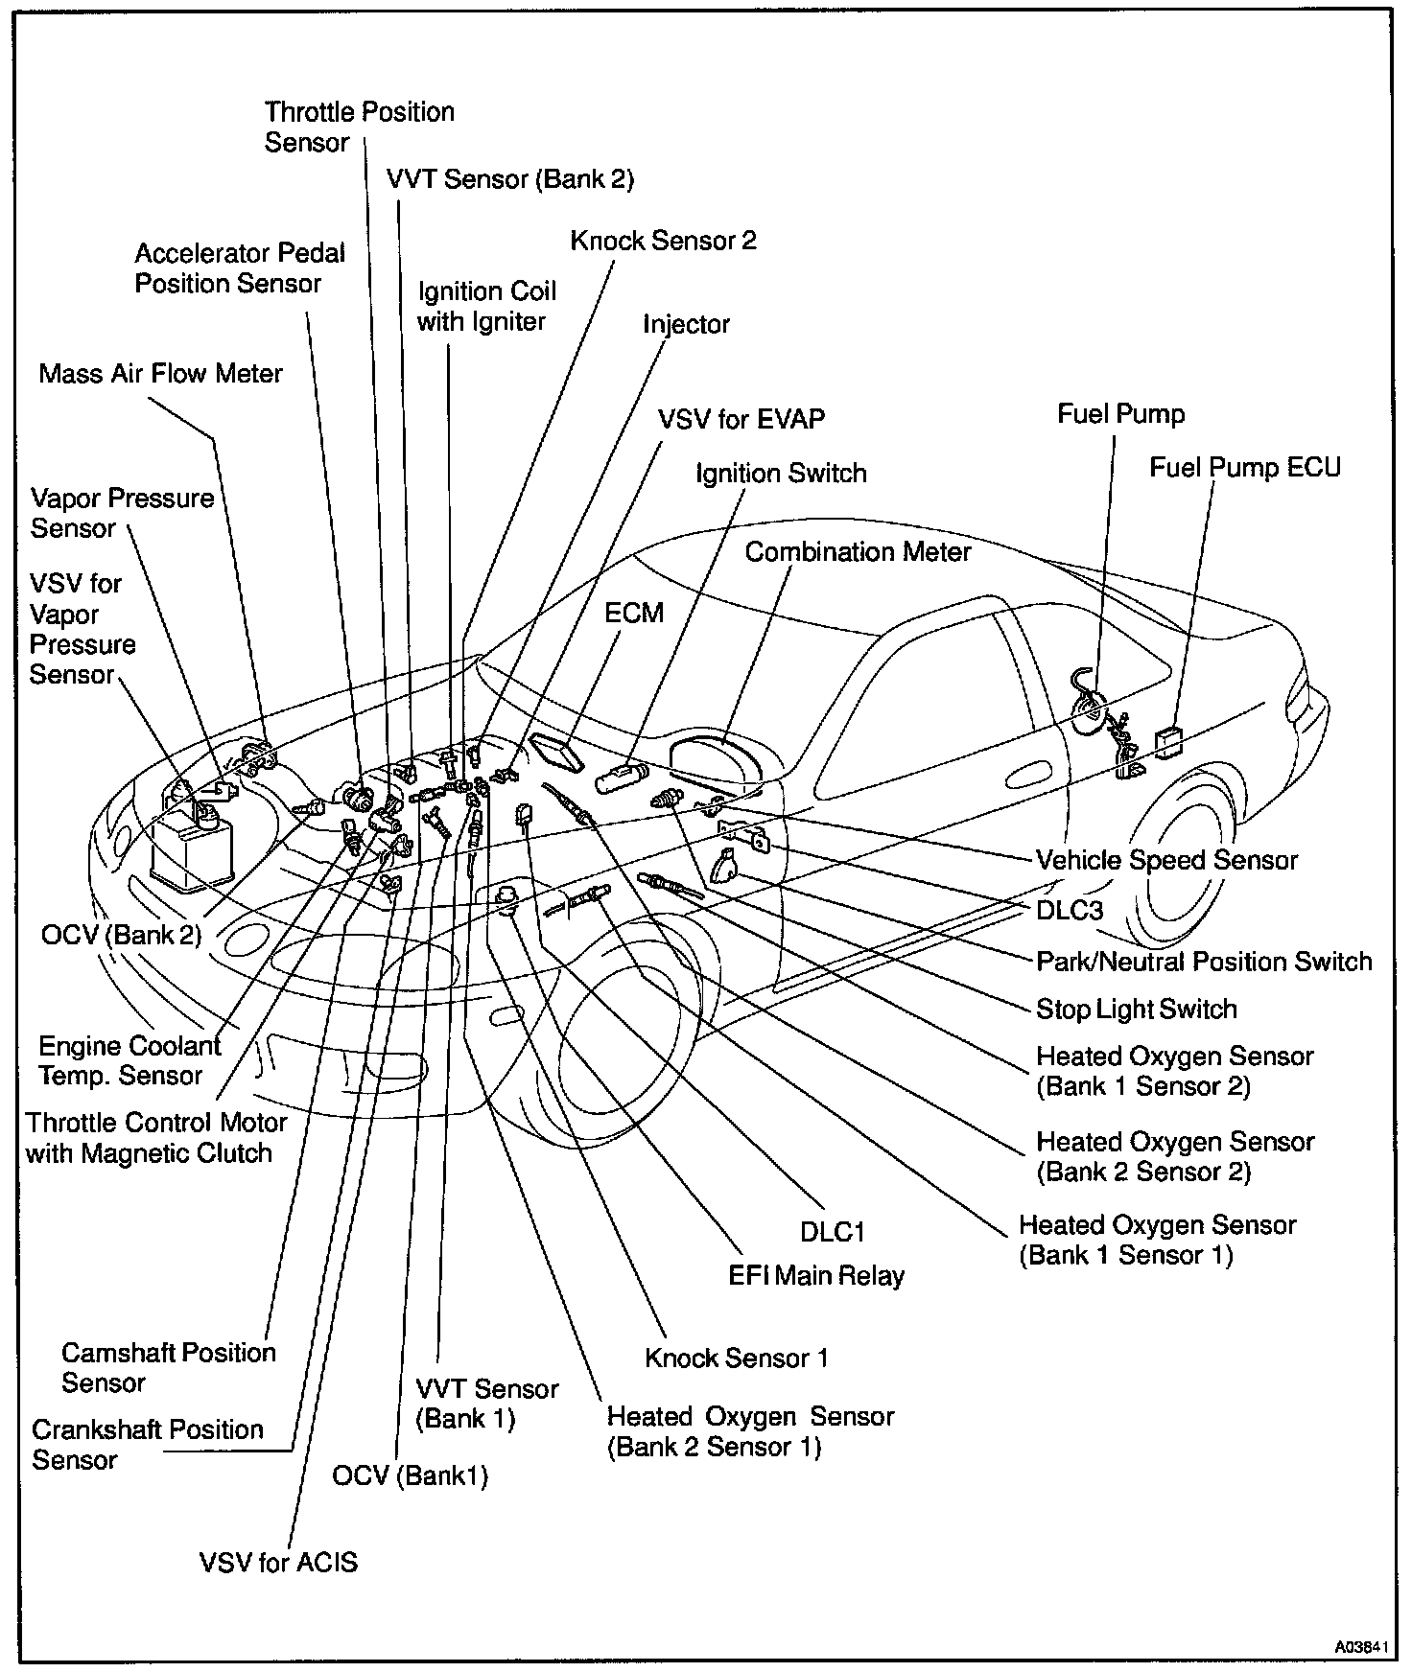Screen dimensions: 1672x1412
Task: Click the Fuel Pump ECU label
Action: pyautogui.click(x=1244, y=468)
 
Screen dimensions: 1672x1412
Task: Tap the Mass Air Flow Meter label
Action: pyautogui.click(x=160, y=373)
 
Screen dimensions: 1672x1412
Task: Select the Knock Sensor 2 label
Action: pyautogui.click(x=663, y=241)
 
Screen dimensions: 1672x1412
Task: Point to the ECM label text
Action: pyautogui.click(x=633, y=613)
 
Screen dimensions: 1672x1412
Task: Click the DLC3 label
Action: pyautogui.click(x=1070, y=910)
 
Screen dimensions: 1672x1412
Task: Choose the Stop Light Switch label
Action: pyautogui.click(x=1137, y=1009)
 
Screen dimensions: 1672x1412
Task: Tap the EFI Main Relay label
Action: pyautogui.click(x=815, y=1275)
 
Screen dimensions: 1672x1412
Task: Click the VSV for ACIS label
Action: pyautogui.click(x=278, y=1563)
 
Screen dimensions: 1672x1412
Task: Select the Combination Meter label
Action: pyautogui.click(x=858, y=552)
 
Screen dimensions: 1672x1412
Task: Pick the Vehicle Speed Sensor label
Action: pyautogui.click(x=1166, y=860)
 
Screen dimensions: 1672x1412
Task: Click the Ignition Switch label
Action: pyautogui.click(x=781, y=474)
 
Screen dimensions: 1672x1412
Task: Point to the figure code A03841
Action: pyautogui.click(x=1361, y=1647)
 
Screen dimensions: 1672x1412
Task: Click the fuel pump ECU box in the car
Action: pyautogui.click(x=1168, y=742)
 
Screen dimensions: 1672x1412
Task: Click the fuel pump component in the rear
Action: pyautogui.click(x=1094, y=709)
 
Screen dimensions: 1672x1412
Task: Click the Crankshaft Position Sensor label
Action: pyautogui.click(x=147, y=1444)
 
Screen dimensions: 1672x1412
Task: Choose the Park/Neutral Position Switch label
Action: pyautogui.click(x=1204, y=961)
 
